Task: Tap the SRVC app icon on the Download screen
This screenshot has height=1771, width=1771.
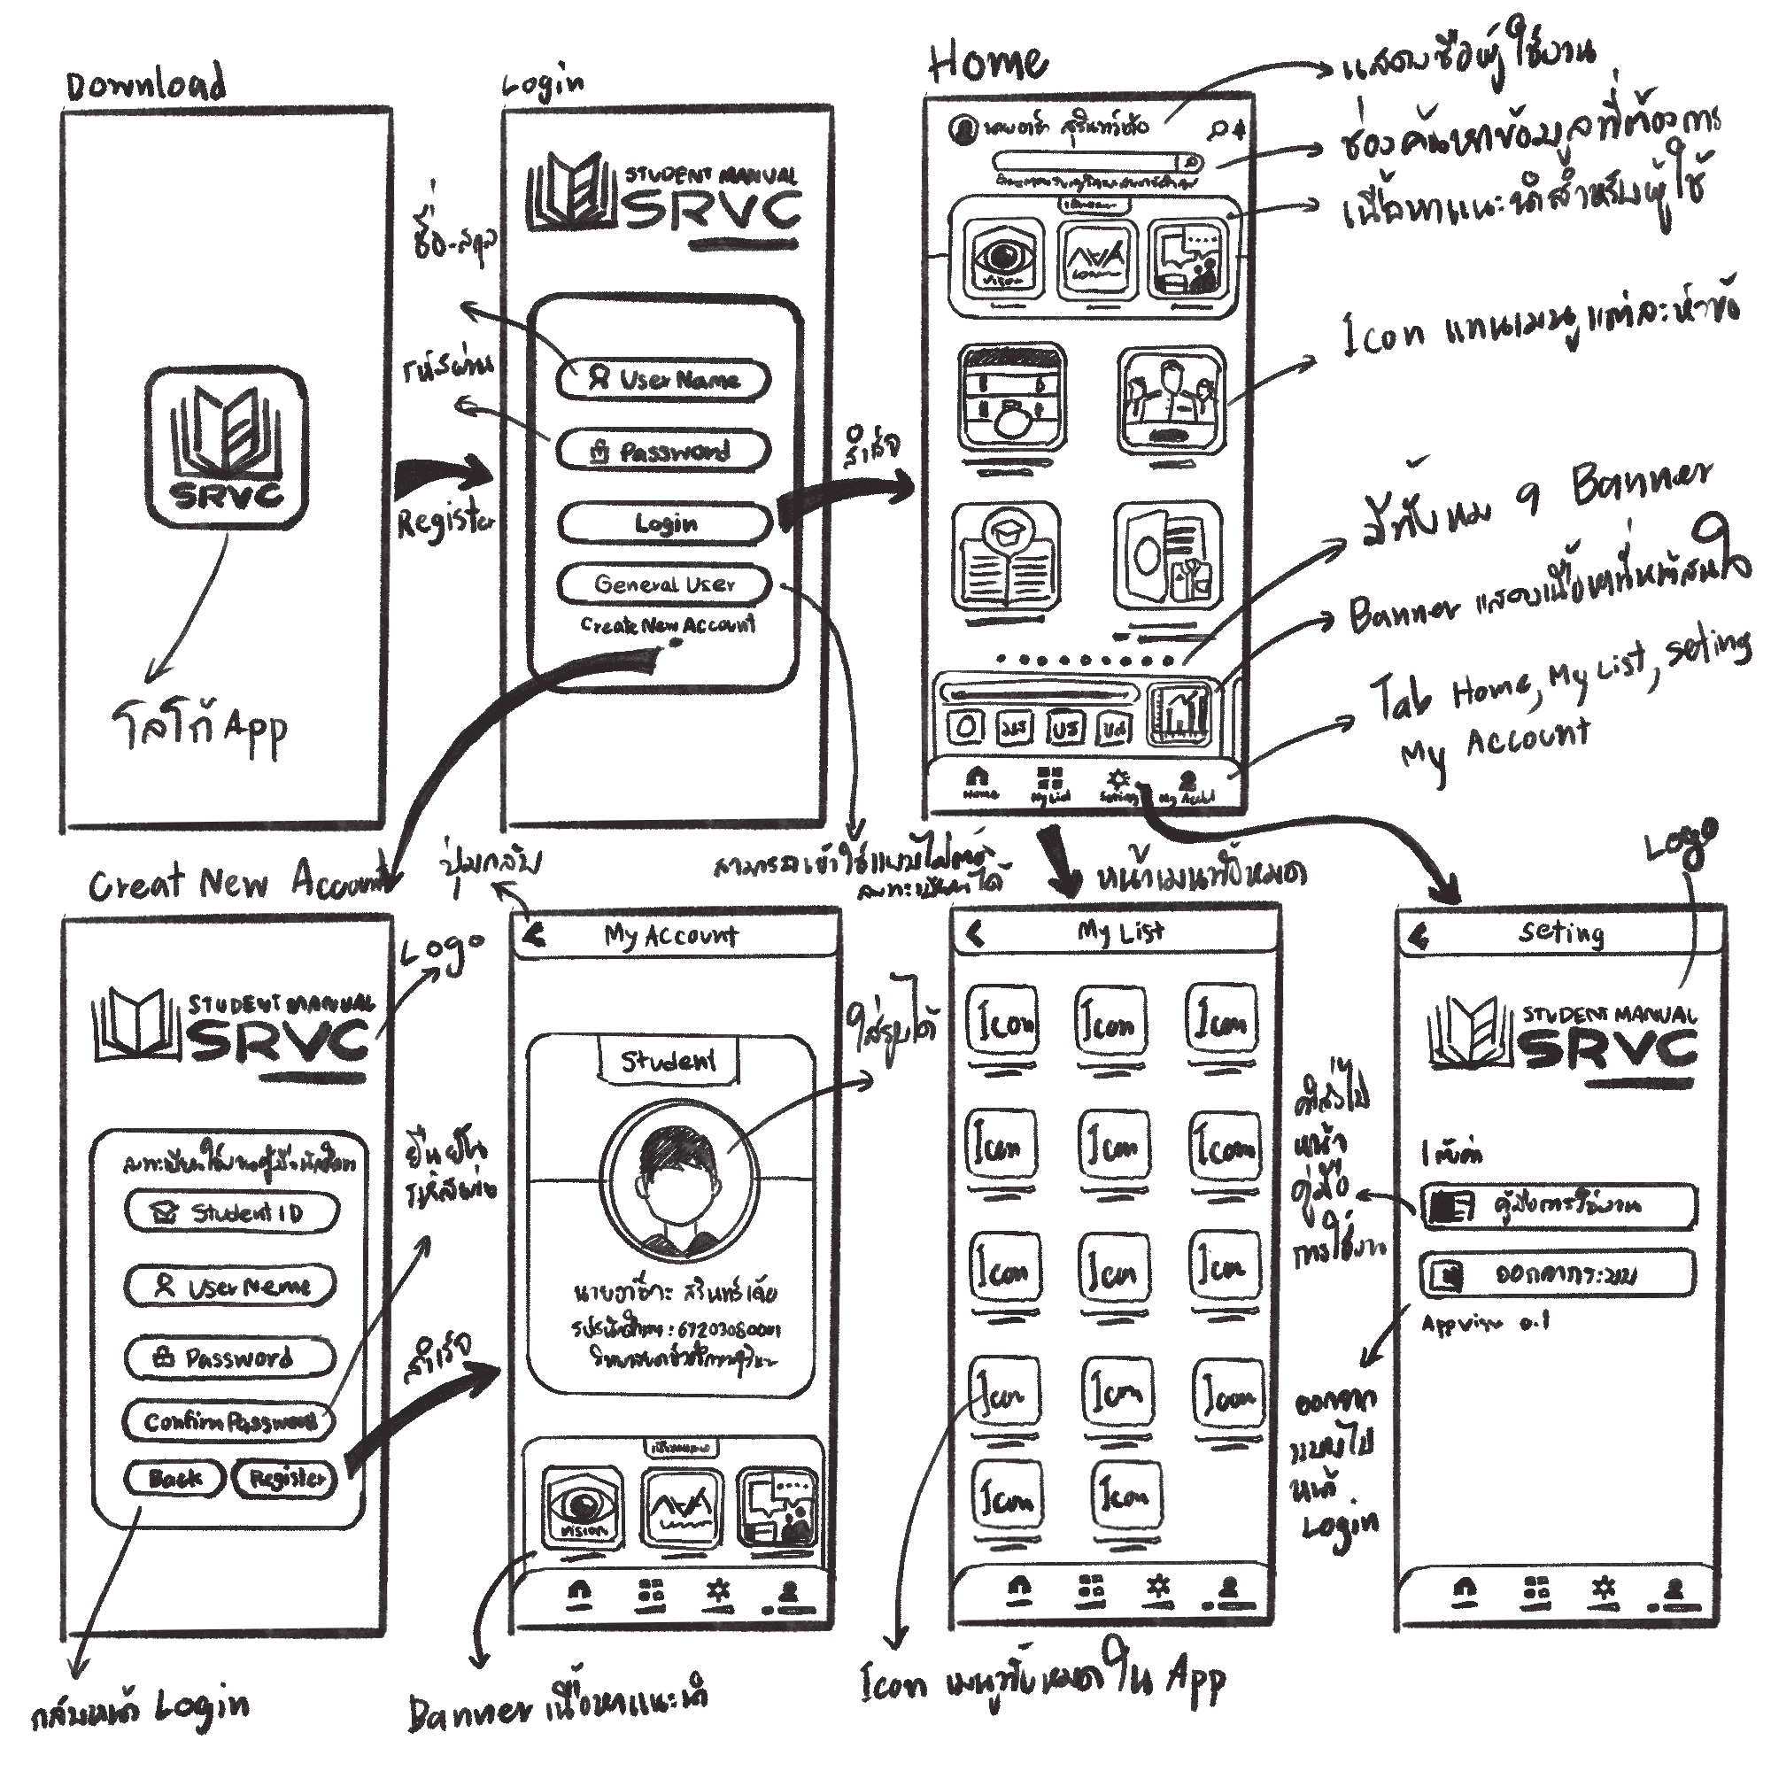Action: pyautogui.click(x=226, y=447)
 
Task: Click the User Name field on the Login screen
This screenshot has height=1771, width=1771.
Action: pyautogui.click(x=662, y=380)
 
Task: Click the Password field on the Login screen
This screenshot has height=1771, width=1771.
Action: pyautogui.click(x=662, y=451)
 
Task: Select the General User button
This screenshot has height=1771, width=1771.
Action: pyautogui.click(x=663, y=584)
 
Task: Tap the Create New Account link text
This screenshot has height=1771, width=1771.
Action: pyautogui.click(x=668, y=625)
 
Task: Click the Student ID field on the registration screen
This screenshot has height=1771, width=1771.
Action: pyautogui.click(x=231, y=1213)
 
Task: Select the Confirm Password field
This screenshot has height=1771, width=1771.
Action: pyautogui.click(x=228, y=1421)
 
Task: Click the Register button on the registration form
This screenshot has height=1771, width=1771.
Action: pyautogui.click(x=286, y=1479)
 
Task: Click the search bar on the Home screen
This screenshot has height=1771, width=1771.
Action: pyautogui.click(x=1095, y=163)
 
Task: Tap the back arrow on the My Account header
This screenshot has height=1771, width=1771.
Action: pyautogui.click(x=536, y=935)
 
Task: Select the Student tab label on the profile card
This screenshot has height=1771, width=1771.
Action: pyautogui.click(x=669, y=1061)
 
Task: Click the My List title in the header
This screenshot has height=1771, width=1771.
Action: pyautogui.click(x=1120, y=932)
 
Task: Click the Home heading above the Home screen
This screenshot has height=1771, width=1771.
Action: pyautogui.click(x=988, y=62)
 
